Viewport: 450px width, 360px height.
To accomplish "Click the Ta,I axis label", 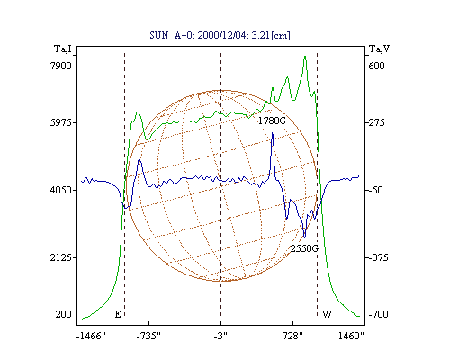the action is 63,49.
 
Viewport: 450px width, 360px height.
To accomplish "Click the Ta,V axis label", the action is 379,49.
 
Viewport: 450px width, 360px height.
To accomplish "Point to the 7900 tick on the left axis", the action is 61,66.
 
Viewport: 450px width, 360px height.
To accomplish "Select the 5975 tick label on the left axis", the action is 61,122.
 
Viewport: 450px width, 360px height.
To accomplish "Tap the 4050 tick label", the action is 61,190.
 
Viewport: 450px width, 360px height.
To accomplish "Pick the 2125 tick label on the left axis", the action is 61,257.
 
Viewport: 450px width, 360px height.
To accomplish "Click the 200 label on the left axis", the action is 63,314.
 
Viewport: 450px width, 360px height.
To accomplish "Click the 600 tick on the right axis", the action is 376,66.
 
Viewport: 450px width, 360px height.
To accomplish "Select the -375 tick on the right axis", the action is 378,257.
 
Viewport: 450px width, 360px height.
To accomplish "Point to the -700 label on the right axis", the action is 378,314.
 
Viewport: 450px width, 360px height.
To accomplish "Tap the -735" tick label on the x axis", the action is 148,336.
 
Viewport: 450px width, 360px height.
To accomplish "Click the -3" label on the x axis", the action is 220,336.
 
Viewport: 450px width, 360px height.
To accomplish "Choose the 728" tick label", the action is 293,336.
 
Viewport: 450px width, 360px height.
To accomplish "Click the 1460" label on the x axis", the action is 351,336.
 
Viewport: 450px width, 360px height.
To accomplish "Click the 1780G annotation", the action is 272,121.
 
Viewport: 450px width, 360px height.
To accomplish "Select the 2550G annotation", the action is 304,248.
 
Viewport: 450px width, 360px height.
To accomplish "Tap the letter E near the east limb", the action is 118,314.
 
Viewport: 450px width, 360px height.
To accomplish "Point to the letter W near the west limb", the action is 327,314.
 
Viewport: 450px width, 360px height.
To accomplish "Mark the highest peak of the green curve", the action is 305,57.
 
